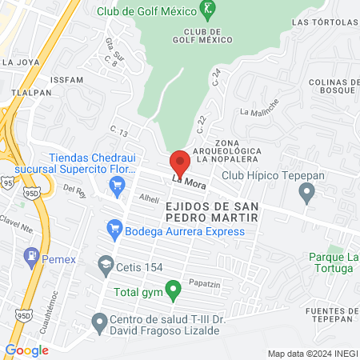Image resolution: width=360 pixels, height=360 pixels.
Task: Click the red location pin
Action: [x=181, y=162]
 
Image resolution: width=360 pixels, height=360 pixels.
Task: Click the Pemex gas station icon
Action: [x=32, y=257]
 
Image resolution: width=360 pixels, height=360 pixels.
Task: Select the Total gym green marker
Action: [x=171, y=289]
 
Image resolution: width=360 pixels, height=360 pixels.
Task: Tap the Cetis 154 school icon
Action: [x=105, y=263]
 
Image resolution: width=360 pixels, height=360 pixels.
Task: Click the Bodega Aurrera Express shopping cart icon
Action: [x=114, y=231]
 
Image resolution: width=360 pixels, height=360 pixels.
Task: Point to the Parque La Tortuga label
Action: [x=331, y=262]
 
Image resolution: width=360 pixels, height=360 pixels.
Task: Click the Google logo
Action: [x=26, y=349]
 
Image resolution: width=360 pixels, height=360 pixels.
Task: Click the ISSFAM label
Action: [x=66, y=81]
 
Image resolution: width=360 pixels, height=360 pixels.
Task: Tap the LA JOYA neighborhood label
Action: [x=19, y=61]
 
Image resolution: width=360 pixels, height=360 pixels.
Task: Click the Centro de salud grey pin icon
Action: [x=98, y=322]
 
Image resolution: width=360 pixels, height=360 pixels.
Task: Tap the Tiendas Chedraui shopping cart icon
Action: [x=117, y=187]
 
